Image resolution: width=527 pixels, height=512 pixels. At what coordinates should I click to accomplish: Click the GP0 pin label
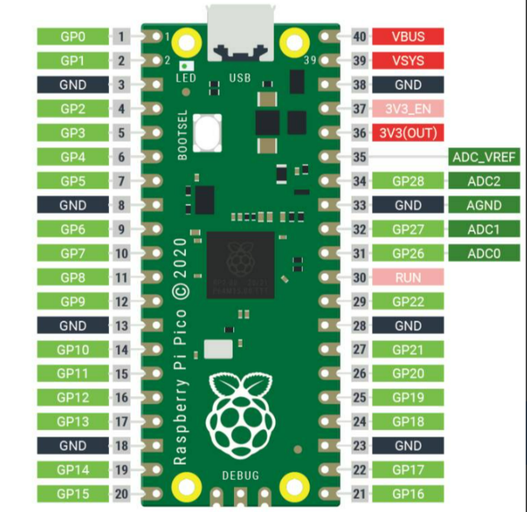(72, 36)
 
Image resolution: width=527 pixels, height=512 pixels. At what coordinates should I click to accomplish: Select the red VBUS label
(408, 36)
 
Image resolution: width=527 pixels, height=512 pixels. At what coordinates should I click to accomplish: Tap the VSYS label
(408, 60)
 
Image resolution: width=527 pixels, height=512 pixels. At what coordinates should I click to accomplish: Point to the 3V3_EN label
(408, 109)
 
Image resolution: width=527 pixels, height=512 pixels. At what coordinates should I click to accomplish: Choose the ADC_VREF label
(484, 157)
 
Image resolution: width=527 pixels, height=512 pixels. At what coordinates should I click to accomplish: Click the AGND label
(484, 205)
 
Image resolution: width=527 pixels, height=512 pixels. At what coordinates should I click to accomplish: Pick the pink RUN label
(408, 278)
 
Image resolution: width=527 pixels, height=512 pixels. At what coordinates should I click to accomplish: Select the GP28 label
(408, 182)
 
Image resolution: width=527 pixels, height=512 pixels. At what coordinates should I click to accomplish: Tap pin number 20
(122, 494)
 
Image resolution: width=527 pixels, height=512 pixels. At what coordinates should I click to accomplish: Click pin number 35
(359, 157)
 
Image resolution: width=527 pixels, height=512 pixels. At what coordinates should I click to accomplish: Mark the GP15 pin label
(72, 494)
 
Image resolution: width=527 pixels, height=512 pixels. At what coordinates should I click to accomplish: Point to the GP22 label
(408, 301)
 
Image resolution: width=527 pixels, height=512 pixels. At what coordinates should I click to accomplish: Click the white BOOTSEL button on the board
(207, 134)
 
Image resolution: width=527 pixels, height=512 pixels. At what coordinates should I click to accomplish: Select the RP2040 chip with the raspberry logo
(240, 261)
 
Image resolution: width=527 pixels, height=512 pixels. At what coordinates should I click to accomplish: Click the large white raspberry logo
(240, 412)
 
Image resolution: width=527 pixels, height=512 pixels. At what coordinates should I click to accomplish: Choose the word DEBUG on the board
(240, 475)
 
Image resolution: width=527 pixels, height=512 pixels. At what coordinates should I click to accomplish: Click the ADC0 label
(484, 253)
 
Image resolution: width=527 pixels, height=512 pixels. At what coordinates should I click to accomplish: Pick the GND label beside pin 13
(72, 326)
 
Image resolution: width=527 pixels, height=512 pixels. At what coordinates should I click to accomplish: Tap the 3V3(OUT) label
(408, 133)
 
